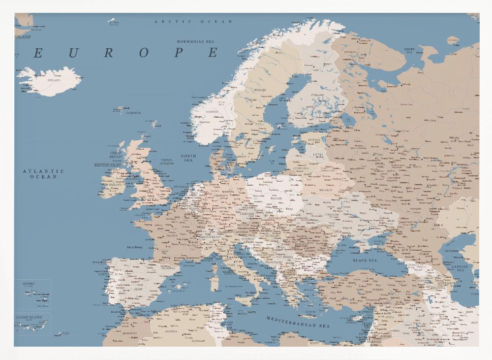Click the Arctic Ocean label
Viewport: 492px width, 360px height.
[186, 22]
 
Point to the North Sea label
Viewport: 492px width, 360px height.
[188, 158]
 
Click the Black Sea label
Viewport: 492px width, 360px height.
[365, 260]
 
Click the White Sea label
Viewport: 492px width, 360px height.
[409, 50]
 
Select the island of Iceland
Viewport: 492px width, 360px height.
[49, 82]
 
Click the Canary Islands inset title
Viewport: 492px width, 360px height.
[29, 317]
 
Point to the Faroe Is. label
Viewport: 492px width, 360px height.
[133, 113]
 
